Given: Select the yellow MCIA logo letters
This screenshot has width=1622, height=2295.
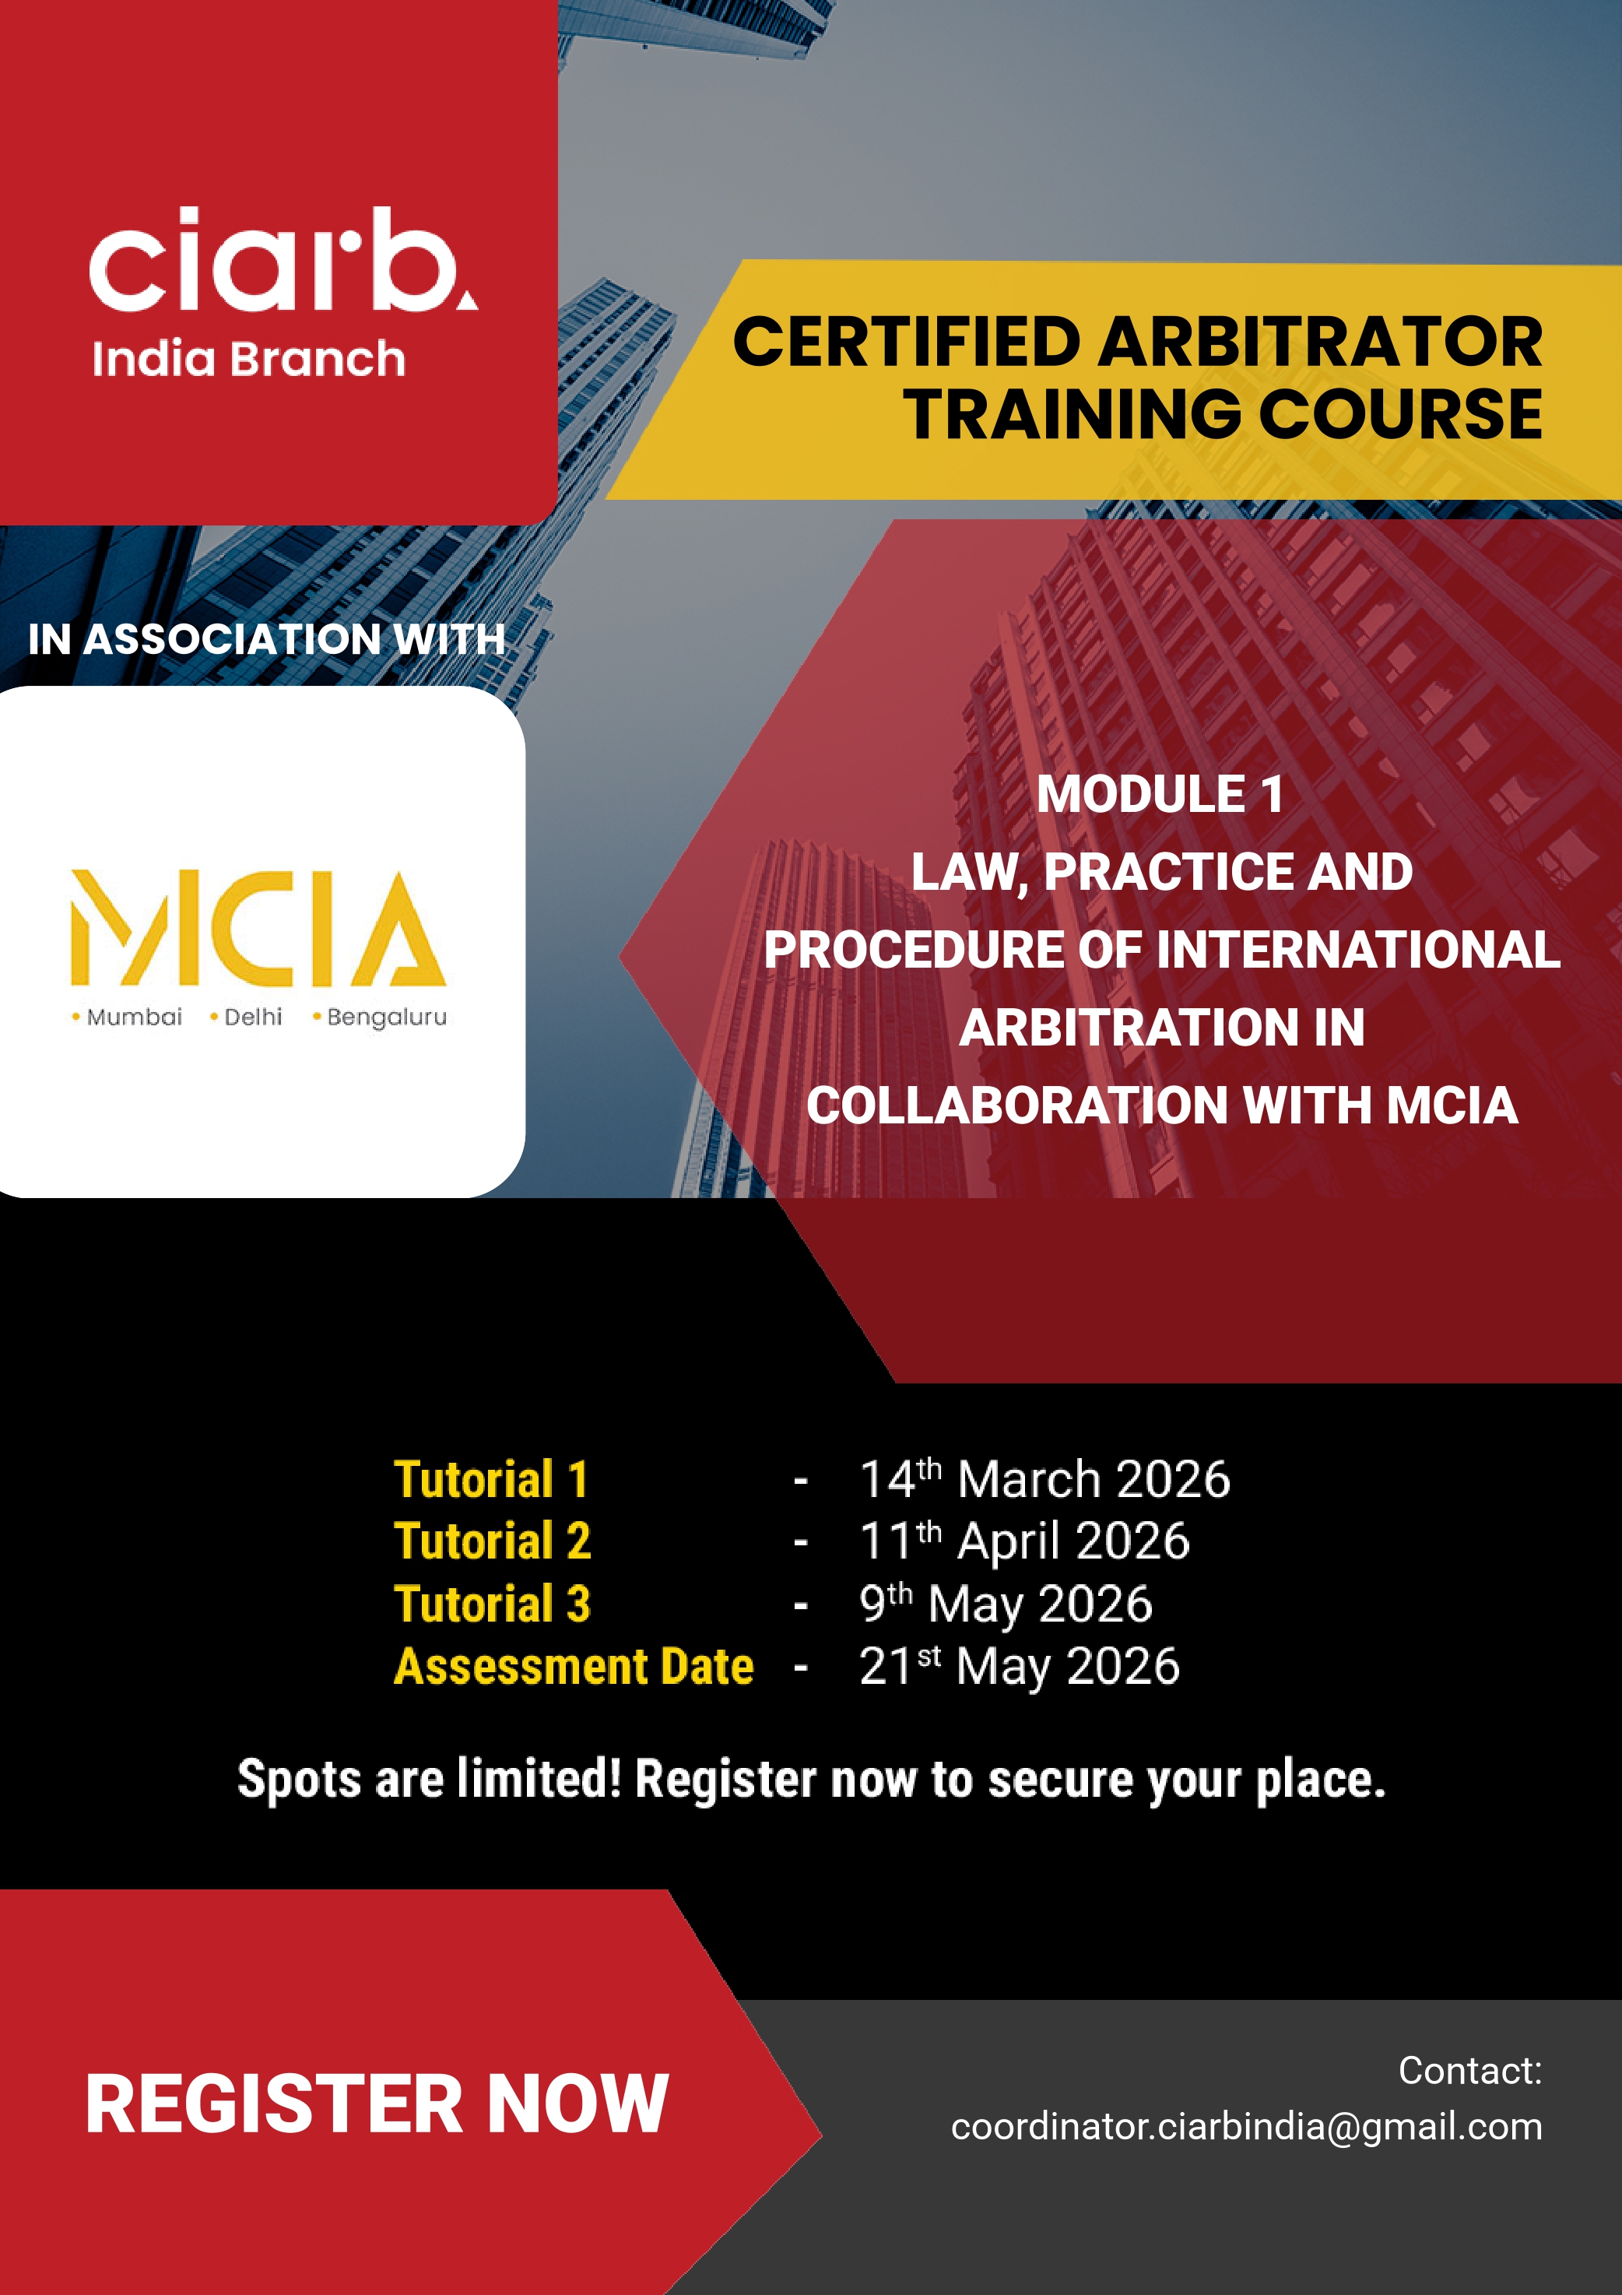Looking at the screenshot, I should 258,928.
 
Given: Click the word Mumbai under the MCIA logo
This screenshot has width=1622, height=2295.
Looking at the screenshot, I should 134,1017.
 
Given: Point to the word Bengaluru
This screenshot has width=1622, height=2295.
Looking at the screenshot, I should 387,1017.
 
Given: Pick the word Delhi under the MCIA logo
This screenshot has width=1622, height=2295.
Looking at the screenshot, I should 253,1017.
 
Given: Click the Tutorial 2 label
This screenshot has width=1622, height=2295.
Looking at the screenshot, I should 493,1541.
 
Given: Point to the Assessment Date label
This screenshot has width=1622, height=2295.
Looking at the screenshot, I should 574,1666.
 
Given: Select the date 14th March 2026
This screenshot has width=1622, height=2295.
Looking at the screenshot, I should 1044,1479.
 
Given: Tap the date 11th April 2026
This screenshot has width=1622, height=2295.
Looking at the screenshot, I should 1024,1541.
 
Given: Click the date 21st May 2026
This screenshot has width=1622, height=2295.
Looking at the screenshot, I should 1020,1666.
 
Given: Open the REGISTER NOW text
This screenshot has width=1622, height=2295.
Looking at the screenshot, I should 377,2104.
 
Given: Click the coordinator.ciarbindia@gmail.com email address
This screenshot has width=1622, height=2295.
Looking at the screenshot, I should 1246,2126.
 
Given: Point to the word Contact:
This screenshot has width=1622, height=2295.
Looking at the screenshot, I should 1469,2070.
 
